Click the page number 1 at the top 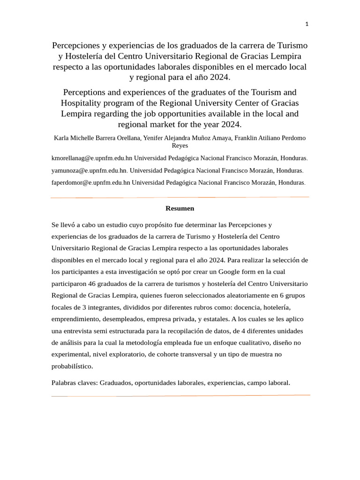pos(307,24)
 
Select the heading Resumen pos(180,208)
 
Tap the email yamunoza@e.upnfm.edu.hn pos(89,171)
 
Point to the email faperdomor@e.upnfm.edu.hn pos(90,182)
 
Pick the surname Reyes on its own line pos(180,146)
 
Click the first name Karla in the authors pos(62,138)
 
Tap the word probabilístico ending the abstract pos(72,366)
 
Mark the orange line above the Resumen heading pos(180,197)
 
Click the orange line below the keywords pos(180,396)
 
